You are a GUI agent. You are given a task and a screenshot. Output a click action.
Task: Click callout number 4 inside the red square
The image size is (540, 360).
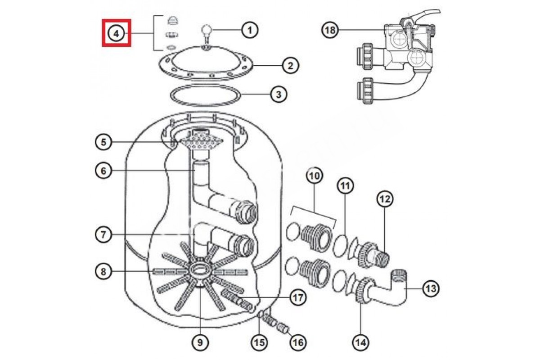click(x=117, y=33)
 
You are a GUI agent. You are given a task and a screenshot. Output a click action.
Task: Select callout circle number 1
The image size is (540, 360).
click(x=250, y=30)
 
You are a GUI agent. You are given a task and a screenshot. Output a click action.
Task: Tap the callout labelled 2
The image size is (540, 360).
click(x=291, y=66)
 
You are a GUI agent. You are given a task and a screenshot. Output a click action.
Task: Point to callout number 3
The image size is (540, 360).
click(x=279, y=94)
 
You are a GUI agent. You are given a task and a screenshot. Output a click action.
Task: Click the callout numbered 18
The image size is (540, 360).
click(x=330, y=30)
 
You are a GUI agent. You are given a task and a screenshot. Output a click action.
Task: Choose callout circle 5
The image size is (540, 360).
click(x=103, y=142)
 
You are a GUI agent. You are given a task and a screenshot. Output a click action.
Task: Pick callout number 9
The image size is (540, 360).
click(x=200, y=342)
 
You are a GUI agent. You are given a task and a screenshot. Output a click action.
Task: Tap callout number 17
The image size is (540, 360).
click(x=298, y=297)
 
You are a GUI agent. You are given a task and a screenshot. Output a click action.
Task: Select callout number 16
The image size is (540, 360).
click(x=298, y=342)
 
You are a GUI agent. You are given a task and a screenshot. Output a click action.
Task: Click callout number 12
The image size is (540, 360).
click(x=385, y=199)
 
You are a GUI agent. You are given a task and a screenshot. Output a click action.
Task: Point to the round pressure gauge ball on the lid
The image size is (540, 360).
click(x=206, y=31)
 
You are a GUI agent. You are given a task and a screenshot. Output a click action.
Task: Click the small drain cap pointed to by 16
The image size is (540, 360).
click(x=283, y=328)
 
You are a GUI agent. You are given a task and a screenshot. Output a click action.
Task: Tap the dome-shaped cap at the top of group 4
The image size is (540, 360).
click(x=173, y=21)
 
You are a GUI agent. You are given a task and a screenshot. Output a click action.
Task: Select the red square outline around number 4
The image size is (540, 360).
click(x=117, y=20)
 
